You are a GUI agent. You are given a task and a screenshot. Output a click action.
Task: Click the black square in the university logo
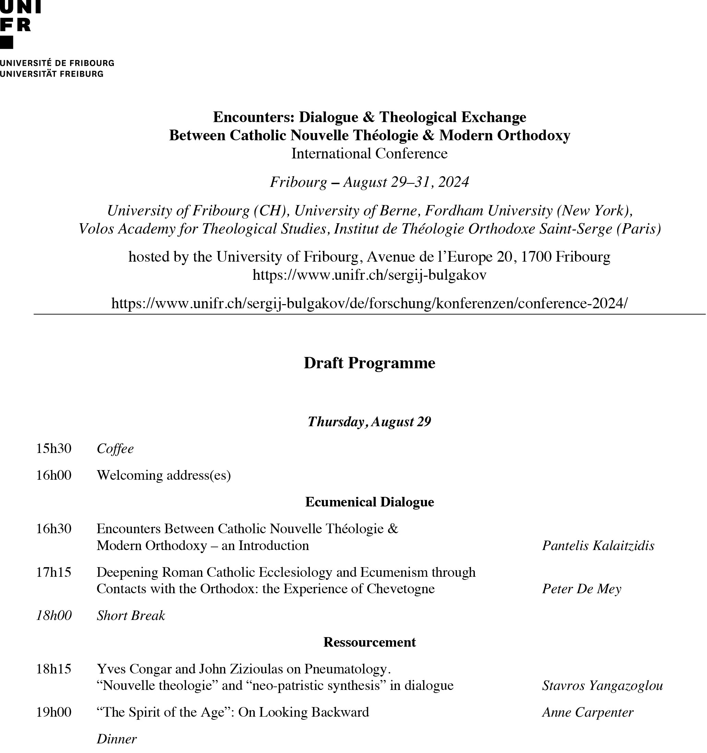pos(7,43)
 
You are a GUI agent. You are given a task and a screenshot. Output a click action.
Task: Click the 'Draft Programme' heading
pos(369,363)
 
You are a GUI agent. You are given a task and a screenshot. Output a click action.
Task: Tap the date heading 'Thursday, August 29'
pos(369,421)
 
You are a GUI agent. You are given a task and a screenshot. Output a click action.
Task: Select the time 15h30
pos(53,449)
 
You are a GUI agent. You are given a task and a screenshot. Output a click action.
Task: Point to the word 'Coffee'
pos(115,449)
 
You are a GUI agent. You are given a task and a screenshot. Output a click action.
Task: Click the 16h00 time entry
pos(53,475)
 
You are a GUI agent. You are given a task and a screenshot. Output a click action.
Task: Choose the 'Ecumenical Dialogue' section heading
pos(369,502)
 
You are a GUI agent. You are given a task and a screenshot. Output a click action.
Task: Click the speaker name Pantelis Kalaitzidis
pos(598,546)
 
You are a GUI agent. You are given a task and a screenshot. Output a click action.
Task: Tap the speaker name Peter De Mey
pos(581,589)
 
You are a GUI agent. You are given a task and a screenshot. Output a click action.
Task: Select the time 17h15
pos(53,572)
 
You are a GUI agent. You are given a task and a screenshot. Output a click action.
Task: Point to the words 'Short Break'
pos(131,615)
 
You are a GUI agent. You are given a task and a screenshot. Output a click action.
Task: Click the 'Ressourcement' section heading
pos(369,642)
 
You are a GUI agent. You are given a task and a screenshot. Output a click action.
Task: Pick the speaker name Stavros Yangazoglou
pos(602,685)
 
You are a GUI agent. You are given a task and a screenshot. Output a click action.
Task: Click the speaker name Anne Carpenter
pos(587,712)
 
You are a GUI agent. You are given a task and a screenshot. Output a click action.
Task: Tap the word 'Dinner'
pos(116,739)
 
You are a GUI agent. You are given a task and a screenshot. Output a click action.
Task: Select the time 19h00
pos(53,712)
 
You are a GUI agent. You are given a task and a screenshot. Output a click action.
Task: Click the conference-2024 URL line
pos(369,303)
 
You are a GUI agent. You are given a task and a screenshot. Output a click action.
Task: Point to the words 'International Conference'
pos(369,153)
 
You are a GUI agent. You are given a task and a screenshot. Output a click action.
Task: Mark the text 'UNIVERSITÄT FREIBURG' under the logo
pos(51,74)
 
